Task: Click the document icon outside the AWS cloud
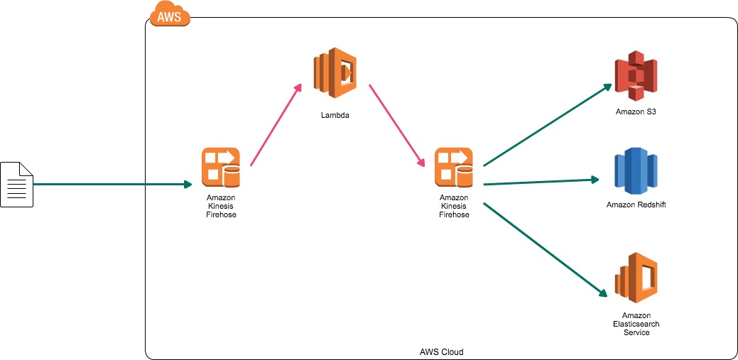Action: coord(16,184)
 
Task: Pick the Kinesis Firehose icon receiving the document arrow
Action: coord(221,167)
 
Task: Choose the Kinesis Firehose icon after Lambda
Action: coord(454,167)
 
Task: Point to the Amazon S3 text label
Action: coord(636,112)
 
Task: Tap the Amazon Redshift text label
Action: coord(636,205)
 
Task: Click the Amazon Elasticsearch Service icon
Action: coord(636,278)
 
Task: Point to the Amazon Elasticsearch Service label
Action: coord(636,324)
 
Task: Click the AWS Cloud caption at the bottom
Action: coord(441,352)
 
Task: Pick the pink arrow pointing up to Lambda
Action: coord(276,125)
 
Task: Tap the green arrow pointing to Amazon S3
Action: coord(547,125)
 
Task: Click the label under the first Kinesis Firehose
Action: coord(221,206)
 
